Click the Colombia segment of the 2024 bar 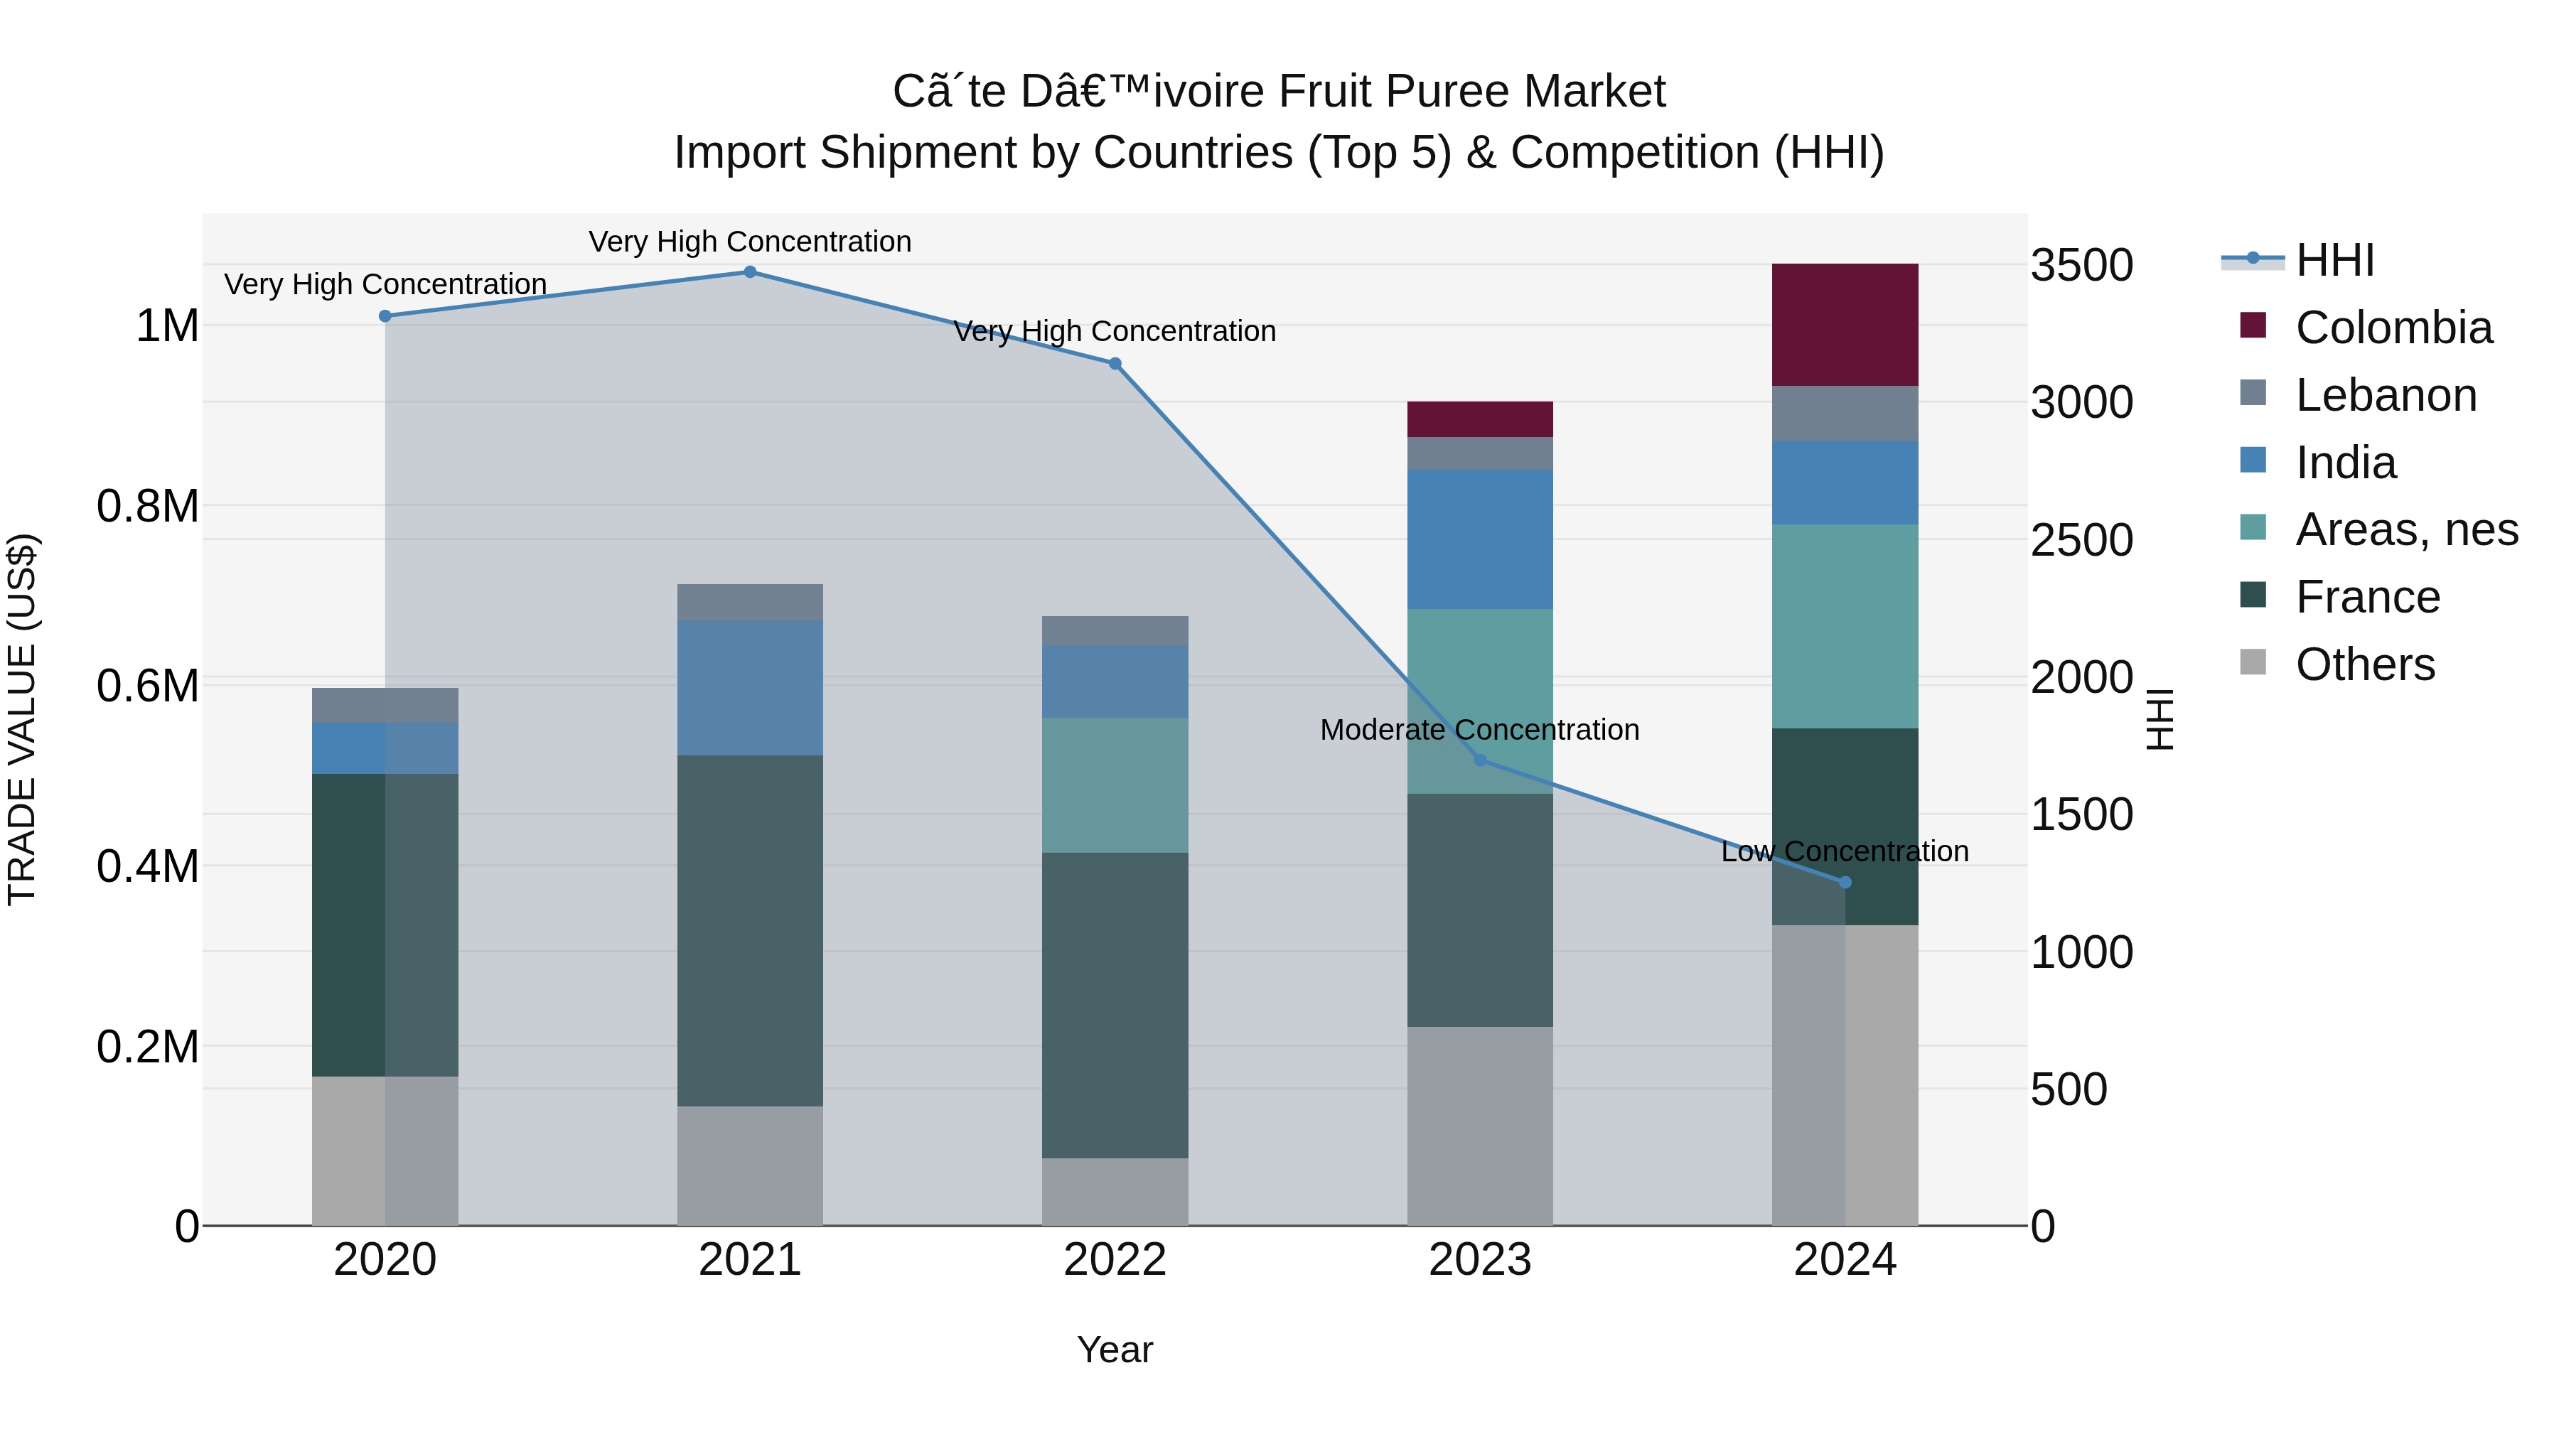[x=1845, y=325]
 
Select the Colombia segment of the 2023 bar [x=1479, y=419]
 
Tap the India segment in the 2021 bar [x=750, y=687]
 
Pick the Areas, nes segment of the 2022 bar [x=1115, y=785]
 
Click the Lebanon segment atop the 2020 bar [x=385, y=705]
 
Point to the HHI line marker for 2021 [x=750, y=272]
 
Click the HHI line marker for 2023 [x=1479, y=760]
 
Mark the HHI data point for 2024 [x=1845, y=882]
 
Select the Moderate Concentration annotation [x=1479, y=730]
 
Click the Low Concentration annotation [x=1845, y=852]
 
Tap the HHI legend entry [x=2334, y=260]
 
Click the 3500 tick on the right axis [x=2082, y=266]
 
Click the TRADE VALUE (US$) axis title [x=22, y=719]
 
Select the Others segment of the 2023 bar [x=1479, y=1126]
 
